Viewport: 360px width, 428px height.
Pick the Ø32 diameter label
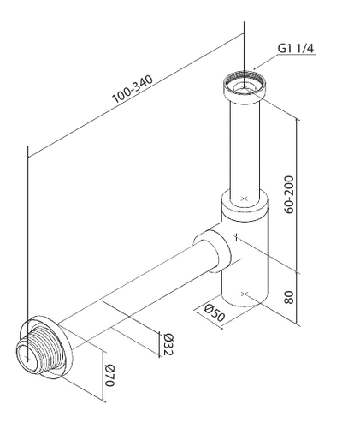(x=168, y=342)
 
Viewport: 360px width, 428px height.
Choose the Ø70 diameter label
(x=109, y=377)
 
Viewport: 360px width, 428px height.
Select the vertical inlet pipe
(x=245, y=146)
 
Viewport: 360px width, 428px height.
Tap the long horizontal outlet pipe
(x=137, y=291)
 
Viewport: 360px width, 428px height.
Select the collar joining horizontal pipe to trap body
(x=210, y=248)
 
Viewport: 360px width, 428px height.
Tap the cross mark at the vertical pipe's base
(x=245, y=199)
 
